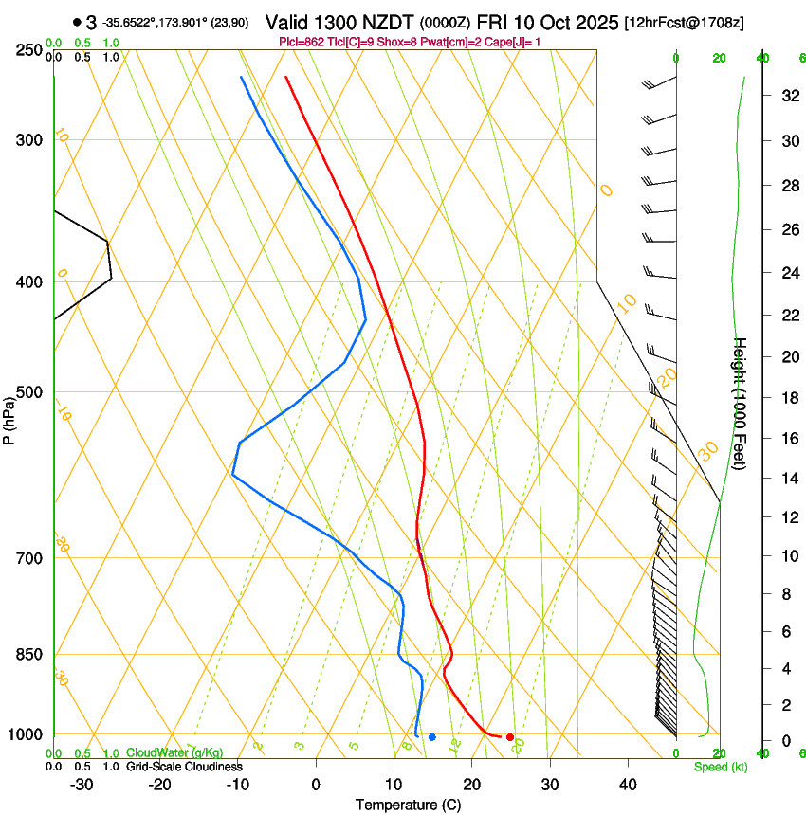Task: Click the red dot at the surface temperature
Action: tap(510, 736)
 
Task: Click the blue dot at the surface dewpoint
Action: tap(431, 736)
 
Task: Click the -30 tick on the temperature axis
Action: tap(82, 785)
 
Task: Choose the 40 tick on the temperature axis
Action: tap(628, 785)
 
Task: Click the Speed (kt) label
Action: tap(720, 767)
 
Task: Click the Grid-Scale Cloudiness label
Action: tap(184, 767)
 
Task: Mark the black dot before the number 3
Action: tap(76, 22)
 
